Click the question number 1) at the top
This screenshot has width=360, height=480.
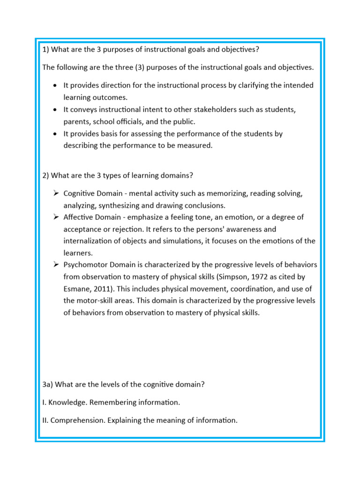tap(45, 50)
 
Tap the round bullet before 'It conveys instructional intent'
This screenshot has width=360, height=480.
tap(56, 110)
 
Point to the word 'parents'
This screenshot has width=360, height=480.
tap(77, 121)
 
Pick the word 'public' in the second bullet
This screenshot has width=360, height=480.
tap(183, 121)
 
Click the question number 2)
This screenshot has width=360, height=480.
tap(45, 175)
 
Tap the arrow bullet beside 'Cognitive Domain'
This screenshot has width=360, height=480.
tap(56, 193)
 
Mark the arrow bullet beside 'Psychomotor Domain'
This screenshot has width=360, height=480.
tap(56, 265)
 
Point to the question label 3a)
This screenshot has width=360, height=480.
tap(47, 385)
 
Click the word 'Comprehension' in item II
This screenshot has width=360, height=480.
tap(77, 420)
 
